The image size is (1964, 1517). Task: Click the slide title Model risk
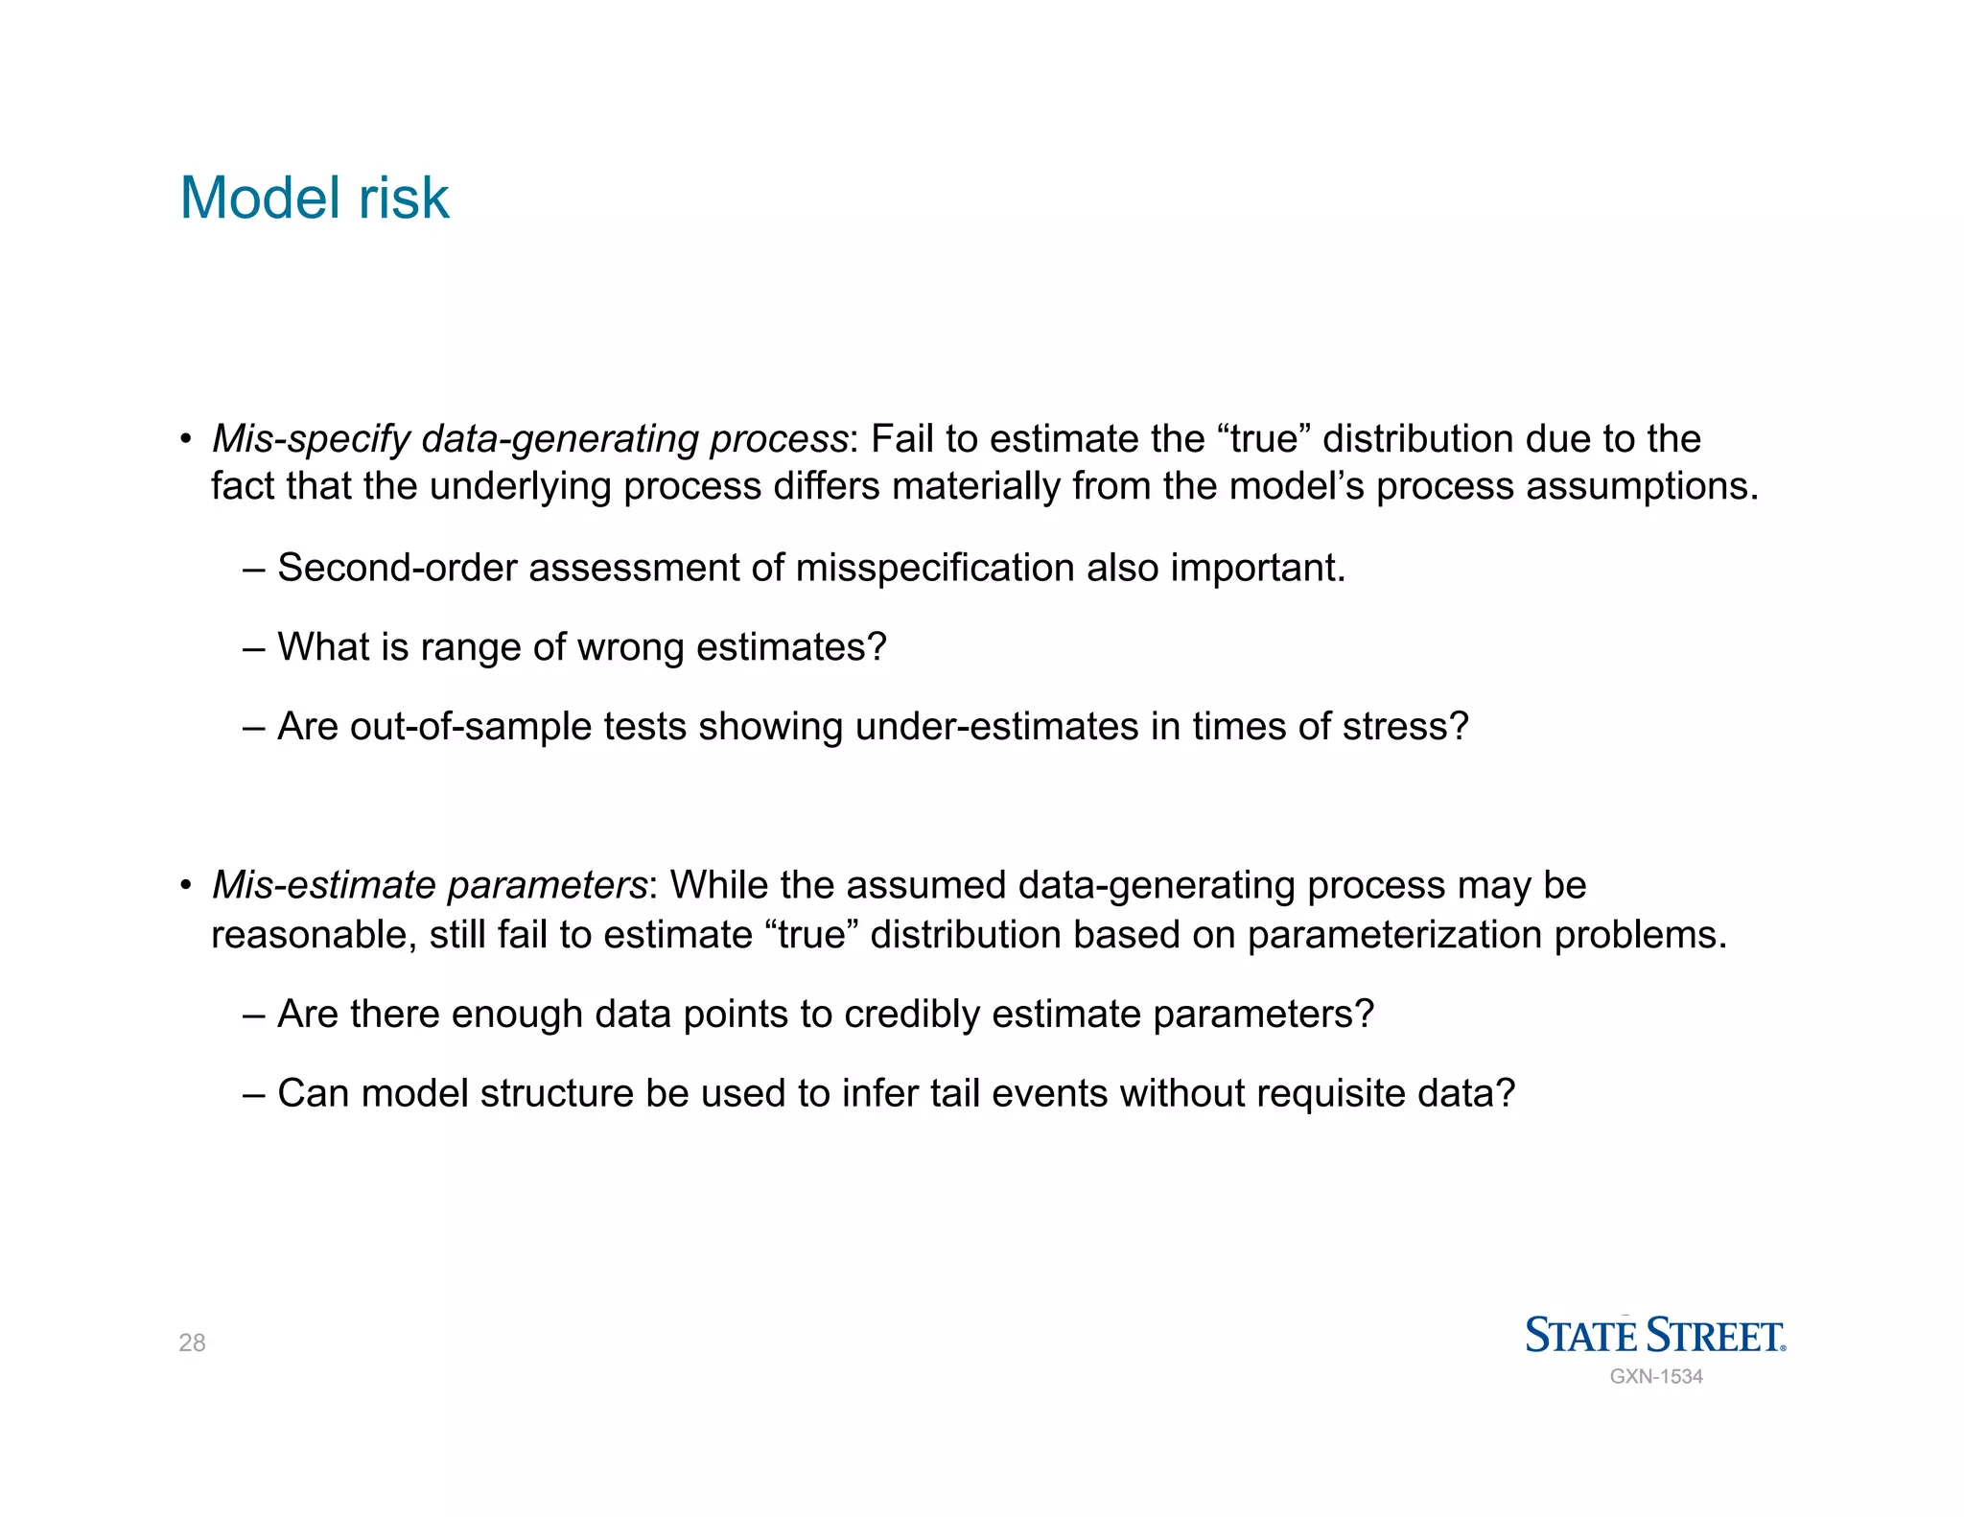[314, 198]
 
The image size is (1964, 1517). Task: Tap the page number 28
[192, 1342]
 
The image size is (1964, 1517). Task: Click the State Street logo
[1655, 1335]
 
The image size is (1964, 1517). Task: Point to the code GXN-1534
[1656, 1376]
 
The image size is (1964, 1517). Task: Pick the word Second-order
[397, 568]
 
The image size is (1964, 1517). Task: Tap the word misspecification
[934, 568]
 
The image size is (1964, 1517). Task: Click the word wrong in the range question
[630, 647]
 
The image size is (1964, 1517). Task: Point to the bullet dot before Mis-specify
[186, 440]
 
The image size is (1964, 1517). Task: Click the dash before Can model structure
[253, 1094]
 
